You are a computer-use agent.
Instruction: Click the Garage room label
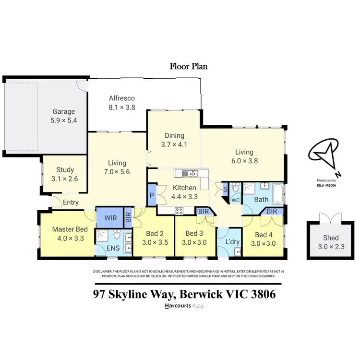pyautogui.click(x=63, y=111)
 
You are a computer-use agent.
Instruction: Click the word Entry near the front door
pyautogui.click(x=70, y=203)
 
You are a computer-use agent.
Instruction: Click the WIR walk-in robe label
pyautogui.click(x=109, y=217)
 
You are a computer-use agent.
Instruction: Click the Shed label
pyautogui.click(x=331, y=238)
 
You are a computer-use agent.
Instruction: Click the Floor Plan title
pyautogui.click(x=189, y=66)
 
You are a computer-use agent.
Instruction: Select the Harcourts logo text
pyautogui.click(x=177, y=306)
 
